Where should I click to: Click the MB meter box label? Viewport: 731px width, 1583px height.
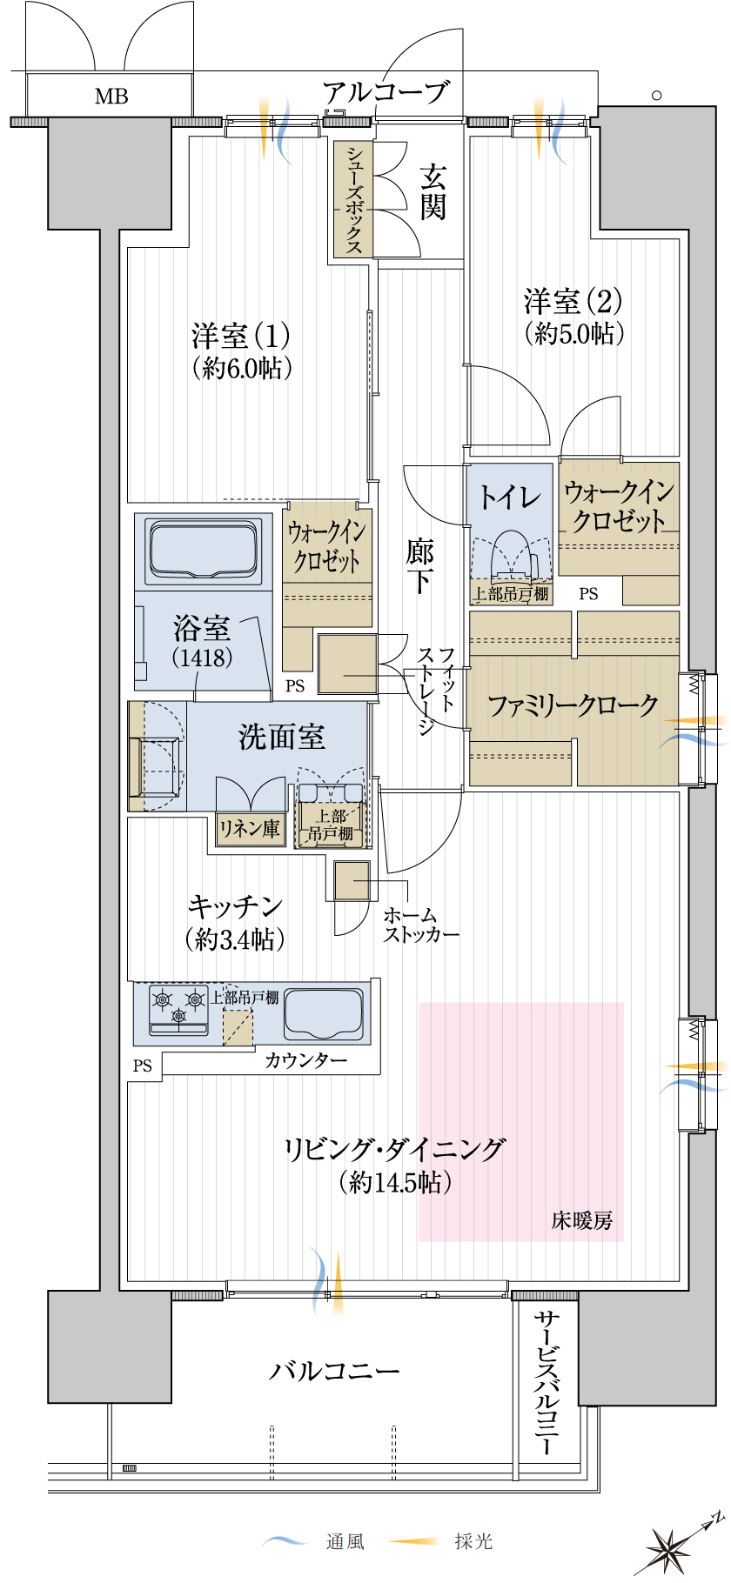click(111, 96)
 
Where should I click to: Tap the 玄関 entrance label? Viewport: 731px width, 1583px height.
click(433, 192)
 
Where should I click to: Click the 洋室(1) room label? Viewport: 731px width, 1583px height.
click(241, 335)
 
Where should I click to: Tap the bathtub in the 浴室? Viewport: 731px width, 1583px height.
click(204, 551)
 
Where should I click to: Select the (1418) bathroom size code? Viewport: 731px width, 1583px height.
click(203, 657)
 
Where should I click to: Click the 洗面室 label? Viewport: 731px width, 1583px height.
click(282, 737)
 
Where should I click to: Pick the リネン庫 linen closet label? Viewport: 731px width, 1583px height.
click(250, 829)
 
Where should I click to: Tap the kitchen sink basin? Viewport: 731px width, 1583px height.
click(323, 1013)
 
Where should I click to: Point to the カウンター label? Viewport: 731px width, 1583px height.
click(305, 1060)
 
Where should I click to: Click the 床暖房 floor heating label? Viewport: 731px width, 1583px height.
click(582, 1220)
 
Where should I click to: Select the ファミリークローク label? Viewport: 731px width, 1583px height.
click(573, 705)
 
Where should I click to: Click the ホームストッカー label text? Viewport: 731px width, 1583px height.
click(421, 925)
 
